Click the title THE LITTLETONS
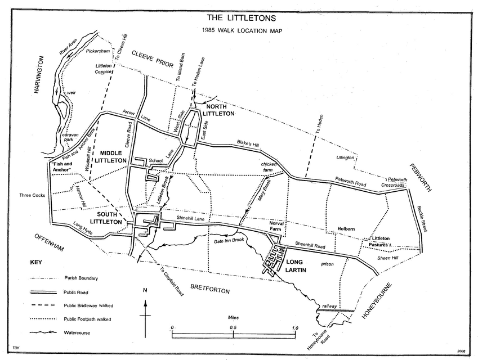tap(239, 17)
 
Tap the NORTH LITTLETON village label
tap(220, 110)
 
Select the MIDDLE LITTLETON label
tap(113, 156)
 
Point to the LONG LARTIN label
tap(299, 266)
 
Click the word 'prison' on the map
tap(328, 263)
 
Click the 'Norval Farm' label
tap(278, 227)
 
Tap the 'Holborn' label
tap(346, 229)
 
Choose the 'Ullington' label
tap(345, 157)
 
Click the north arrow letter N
tap(145, 291)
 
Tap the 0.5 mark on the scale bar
tap(233, 327)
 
